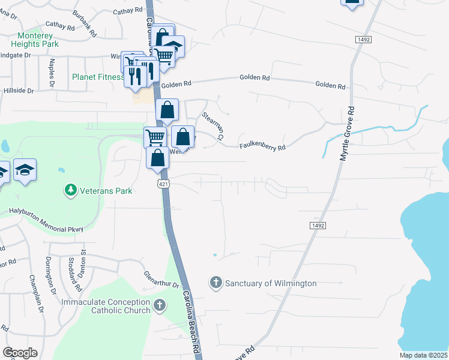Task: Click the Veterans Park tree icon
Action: click(71, 190)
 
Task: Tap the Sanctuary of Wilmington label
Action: click(270, 283)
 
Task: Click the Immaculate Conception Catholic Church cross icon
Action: click(159, 305)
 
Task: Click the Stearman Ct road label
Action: click(212, 126)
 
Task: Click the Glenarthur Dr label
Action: click(161, 280)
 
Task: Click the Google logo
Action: click(20, 353)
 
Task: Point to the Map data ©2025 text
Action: click(423, 355)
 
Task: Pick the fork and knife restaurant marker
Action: click(135, 76)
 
